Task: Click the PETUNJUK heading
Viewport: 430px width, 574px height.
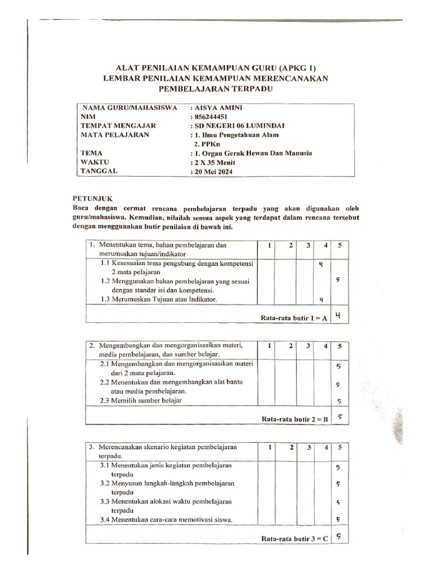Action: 92,198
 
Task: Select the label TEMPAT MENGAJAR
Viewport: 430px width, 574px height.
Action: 118,126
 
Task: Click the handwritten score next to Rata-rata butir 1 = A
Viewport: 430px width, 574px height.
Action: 338,317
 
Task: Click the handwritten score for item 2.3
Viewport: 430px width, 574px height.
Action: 339,401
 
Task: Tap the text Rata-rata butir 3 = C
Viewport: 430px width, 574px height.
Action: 295,539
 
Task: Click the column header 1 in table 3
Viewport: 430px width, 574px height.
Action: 269,447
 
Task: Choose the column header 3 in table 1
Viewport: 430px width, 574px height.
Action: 307,246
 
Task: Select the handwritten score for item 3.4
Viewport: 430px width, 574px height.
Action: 338,519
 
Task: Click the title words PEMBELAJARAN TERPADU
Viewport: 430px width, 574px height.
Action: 216,88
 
